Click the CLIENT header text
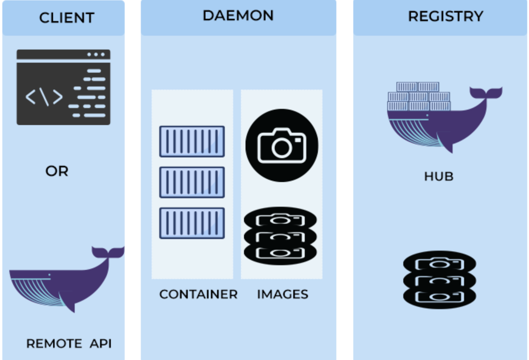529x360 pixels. [x=67, y=18]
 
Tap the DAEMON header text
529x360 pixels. [x=238, y=15]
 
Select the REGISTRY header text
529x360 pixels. [x=446, y=16]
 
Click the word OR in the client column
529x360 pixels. [x=57, y=171]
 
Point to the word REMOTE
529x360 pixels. [x=54, y=344]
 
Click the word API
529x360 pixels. [x=101, y=344]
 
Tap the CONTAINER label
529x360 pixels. [x=199, y=294]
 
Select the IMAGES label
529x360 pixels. [x=283, y=294]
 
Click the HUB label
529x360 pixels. [x=439, y=176]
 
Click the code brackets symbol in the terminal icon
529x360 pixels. [x=44, y=97]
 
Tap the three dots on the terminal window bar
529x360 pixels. [x=96, y=54]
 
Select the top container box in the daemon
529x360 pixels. [x=192, y=142]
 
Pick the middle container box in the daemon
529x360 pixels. [x=192, y=182]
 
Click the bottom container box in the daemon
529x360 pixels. [x=192, y=223]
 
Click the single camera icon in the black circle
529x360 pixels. [x=282, y=145]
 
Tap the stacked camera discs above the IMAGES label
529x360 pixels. [x=280, y=236]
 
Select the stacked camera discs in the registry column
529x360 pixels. [x=440, y=279]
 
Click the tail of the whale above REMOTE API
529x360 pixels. [x=108, y=252]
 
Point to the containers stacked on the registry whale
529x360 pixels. [x=419, y=96]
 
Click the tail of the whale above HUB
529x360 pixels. [x=486, y=93]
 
